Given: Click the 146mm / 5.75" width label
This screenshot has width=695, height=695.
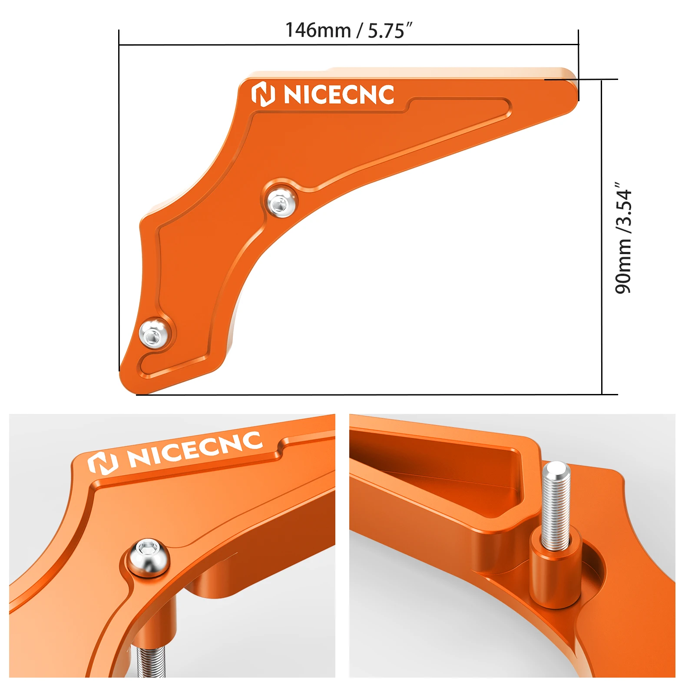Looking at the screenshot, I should pos(348,30).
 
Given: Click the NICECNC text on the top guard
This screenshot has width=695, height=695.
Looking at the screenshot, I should pos(339,95).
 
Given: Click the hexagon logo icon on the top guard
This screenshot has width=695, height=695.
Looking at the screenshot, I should pos(263,94).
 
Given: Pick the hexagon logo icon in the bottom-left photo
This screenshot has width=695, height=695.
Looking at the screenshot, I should pos(103,463).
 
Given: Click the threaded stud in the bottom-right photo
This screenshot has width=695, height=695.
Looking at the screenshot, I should pos(556,504).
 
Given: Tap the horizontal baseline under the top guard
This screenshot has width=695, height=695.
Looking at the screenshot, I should pos(391,394).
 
